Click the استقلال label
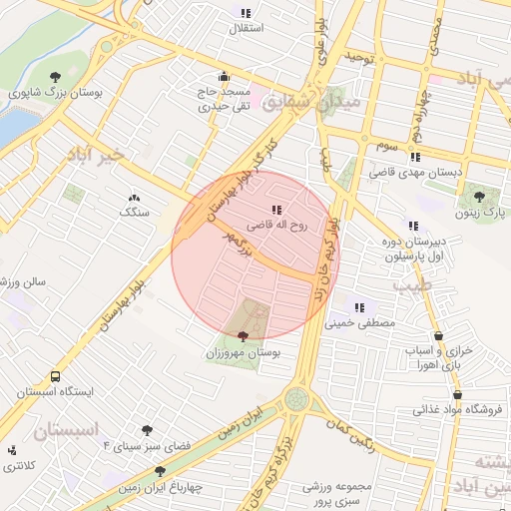pos(246,28)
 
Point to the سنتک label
pos(133,213)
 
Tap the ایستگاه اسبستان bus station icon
pos(55,377)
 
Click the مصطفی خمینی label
pos(360,323)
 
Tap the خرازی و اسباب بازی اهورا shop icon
pos(440,337)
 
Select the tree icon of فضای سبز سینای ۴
pos(148,430)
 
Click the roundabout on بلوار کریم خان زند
pos(296,399)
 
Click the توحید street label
pos(358,56)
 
